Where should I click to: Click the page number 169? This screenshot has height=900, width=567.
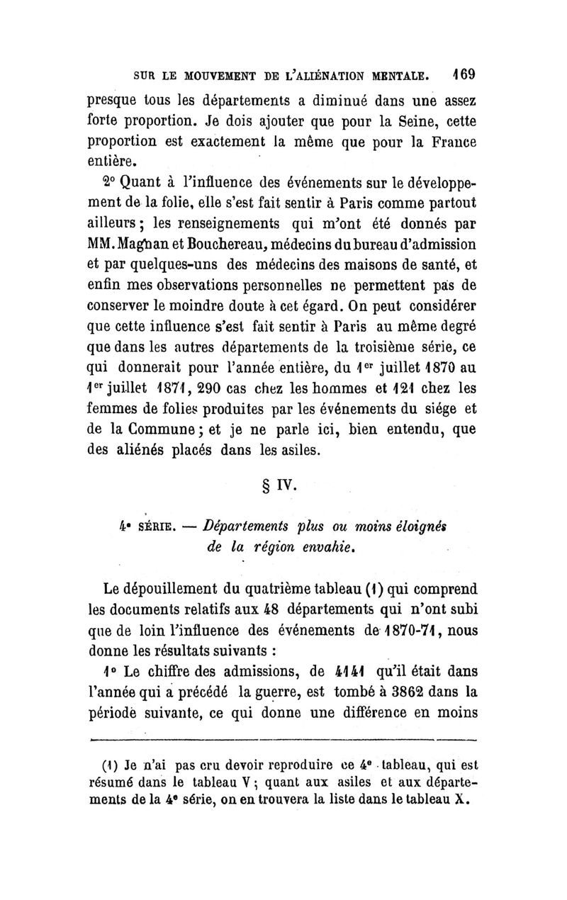pos(462,73)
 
